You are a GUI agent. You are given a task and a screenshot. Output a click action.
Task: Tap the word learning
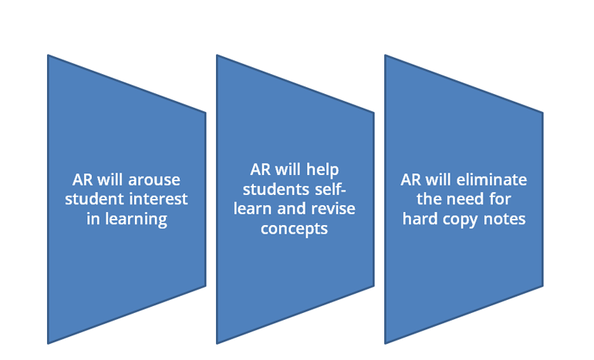click(136, 220)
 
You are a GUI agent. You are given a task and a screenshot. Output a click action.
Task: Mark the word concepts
click(294, 230)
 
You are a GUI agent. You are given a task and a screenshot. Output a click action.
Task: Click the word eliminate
click(491, 180)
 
